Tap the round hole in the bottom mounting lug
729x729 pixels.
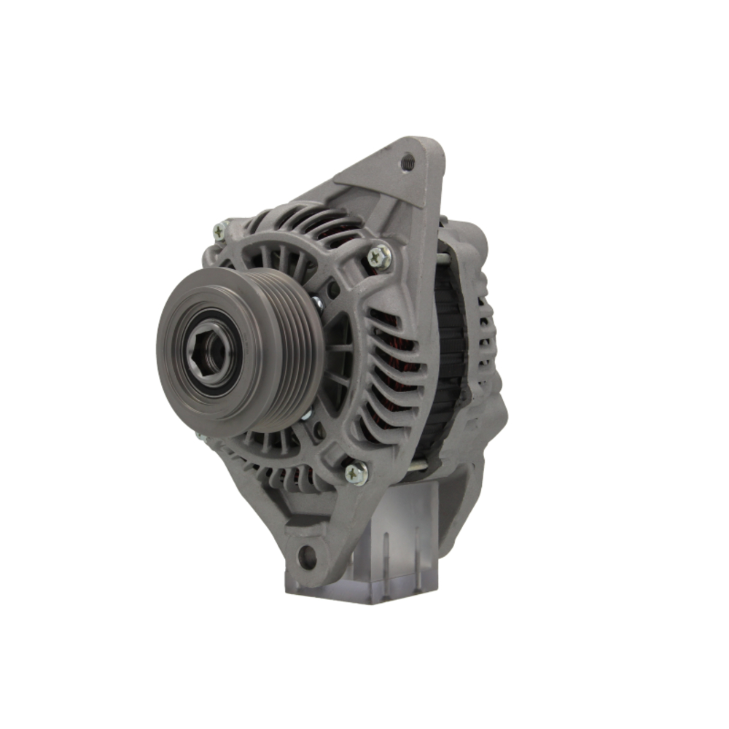(x=308, y=558)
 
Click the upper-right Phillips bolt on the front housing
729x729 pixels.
(x=379, y=256)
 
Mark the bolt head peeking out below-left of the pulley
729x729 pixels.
(x=201, y=438)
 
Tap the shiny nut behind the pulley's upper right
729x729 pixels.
(x=317, y=303)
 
